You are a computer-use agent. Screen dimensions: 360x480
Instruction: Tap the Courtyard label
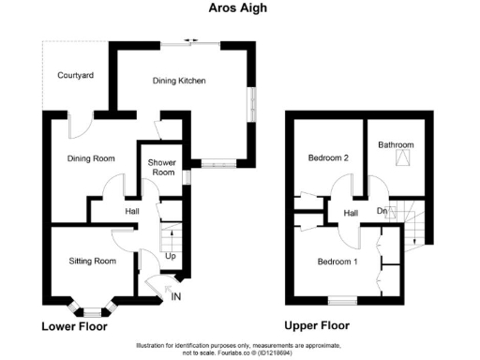pos(76,75)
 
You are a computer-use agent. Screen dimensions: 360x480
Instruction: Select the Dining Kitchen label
pos(179,81)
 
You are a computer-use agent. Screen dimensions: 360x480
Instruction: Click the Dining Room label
pos(91,158)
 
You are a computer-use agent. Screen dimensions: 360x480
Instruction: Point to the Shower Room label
pos(162,167)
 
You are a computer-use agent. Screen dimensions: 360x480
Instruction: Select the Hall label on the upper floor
pos(351,214)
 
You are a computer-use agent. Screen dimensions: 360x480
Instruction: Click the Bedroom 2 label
pos(328,158)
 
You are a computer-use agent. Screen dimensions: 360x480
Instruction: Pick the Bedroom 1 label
pos(337,261)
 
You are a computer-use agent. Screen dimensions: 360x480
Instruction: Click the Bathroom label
pos(396,145)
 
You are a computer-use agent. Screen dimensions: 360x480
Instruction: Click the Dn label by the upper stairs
pos(382,210)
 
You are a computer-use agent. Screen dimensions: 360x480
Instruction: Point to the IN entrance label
pos(176,297)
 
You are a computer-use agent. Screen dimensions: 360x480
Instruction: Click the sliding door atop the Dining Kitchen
pos(190,39)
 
